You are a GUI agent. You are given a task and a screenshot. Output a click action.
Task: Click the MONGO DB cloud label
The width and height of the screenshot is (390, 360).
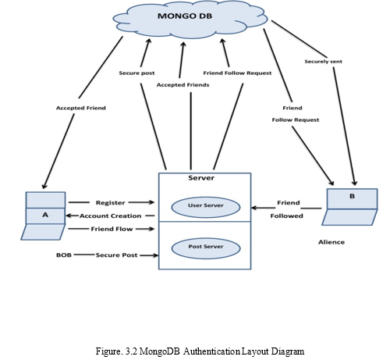point(185,16)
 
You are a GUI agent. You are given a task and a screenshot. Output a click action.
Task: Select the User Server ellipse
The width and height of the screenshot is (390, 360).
point(206,207)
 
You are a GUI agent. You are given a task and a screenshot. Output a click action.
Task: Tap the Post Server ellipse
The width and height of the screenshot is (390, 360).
point(206,248)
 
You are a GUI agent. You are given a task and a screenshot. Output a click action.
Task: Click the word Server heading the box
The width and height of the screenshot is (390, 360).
point(201,178)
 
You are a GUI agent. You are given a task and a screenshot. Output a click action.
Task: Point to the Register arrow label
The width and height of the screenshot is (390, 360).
point(110,202)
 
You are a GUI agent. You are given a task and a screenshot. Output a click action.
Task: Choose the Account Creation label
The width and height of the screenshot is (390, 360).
point(110,216)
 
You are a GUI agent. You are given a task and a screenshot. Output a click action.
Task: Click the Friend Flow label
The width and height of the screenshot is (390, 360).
point(112,229)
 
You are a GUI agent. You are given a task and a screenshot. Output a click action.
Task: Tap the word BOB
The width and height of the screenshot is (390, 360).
point(64,255)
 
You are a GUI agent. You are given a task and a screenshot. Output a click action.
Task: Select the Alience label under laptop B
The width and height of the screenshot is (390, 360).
point(331,242)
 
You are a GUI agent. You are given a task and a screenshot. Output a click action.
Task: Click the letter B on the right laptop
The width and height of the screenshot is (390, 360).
point(352,196)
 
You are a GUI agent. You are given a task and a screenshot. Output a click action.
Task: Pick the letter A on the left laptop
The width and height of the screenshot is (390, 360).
point(45,215)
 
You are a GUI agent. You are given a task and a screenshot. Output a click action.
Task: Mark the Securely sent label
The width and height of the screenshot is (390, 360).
point(323,62)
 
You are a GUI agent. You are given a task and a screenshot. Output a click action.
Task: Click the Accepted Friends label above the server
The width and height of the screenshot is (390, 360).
point(183,85)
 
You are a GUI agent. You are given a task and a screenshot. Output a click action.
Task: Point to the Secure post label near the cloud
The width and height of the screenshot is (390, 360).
point(136,73)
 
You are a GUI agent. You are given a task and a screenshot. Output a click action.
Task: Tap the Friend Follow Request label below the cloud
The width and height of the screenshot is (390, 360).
point(237,73)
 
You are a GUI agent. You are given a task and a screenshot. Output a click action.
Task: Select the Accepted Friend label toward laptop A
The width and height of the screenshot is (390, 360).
point(81,108)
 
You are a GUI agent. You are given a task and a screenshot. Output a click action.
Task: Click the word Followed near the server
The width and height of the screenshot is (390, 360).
point(286,216)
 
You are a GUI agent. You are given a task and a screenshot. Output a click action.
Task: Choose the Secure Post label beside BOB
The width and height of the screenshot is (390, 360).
point(116,255)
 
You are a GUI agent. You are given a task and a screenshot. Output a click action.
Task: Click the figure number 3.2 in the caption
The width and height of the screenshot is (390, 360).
point(131,351)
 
